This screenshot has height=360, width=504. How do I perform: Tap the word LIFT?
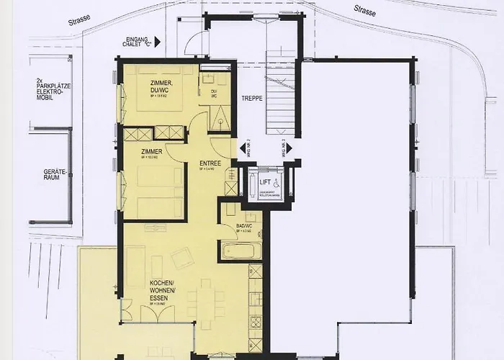point(265,182)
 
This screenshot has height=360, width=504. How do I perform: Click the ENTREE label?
point(210,163)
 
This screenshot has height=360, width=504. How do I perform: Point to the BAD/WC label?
point(246,227)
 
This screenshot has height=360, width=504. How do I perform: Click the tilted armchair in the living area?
point(182,258)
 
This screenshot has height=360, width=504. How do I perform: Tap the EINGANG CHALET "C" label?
point(137,42)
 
